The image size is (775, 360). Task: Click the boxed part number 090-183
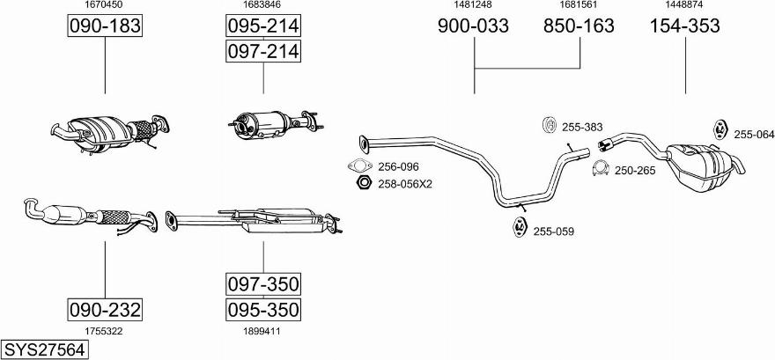(x=105, y=26)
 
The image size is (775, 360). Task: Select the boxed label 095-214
(x=263, y=26)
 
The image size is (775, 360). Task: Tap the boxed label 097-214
(x=263, y=51)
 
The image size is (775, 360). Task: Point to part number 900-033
(x=473, y=26)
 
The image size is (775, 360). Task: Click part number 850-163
(x=579, y=26)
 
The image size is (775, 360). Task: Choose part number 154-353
(x=684, y=26)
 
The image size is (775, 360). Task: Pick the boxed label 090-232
(x=105, y=310)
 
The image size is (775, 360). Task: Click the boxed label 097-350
(x=263, y=284)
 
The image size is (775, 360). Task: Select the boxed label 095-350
(x=263, y=310)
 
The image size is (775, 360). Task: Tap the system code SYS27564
(x=45, y=349)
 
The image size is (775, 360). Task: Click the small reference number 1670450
(x=104, y=4)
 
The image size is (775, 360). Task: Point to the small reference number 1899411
(x=262, y=331)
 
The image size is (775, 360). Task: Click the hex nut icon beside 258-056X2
(x=363, y=183)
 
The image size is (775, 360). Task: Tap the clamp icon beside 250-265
(x=601, y=169)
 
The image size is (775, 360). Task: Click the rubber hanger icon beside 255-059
(x=519, y=227)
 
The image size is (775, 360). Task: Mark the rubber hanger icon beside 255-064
(x=720, y=129)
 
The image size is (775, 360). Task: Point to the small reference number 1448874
(x=684, y=4)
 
